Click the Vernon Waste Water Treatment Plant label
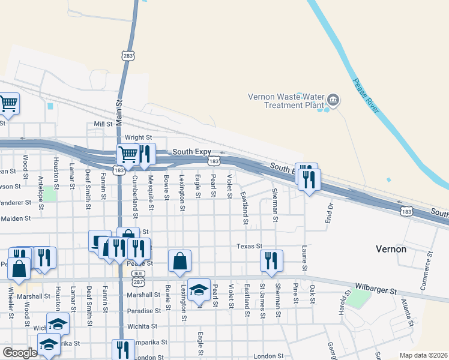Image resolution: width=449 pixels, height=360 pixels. (286, 101)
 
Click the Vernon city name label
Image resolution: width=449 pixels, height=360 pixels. (391, 248)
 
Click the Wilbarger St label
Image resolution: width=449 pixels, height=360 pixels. (376, 291)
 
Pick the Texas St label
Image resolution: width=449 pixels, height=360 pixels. (249, 246)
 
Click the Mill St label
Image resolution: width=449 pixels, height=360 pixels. (103, 124)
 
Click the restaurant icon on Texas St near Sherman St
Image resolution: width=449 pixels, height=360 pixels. (271, 260)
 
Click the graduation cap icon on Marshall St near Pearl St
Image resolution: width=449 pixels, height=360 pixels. (199, 289)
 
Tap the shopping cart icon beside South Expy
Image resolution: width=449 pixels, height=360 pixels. (128, 154)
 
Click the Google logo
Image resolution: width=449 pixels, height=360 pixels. (20, 353)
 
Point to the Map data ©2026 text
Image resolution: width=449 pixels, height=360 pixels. (423, 355)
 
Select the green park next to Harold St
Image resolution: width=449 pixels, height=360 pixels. (360, 298)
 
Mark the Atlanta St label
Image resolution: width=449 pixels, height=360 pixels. (407, 312)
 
